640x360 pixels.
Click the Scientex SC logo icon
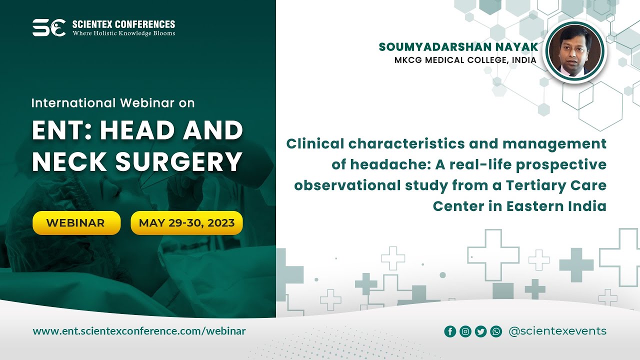(49, 27)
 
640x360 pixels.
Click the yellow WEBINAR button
(76, 223)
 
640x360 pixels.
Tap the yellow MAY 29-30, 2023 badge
(186, 223)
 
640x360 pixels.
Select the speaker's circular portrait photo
(575, 51)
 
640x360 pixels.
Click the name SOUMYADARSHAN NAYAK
(458, 47)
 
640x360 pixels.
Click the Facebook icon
(450, 331)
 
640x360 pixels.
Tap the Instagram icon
(465, 331)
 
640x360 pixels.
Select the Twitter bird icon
(480, 331)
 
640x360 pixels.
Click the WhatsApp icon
(496, 331)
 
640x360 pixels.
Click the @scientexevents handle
(557, 331)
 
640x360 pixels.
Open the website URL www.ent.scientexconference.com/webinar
(139, 331)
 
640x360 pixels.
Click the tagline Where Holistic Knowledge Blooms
(123, 33)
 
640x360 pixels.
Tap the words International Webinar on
(113, 103)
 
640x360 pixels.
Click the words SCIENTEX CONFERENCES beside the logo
(123, 24)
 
